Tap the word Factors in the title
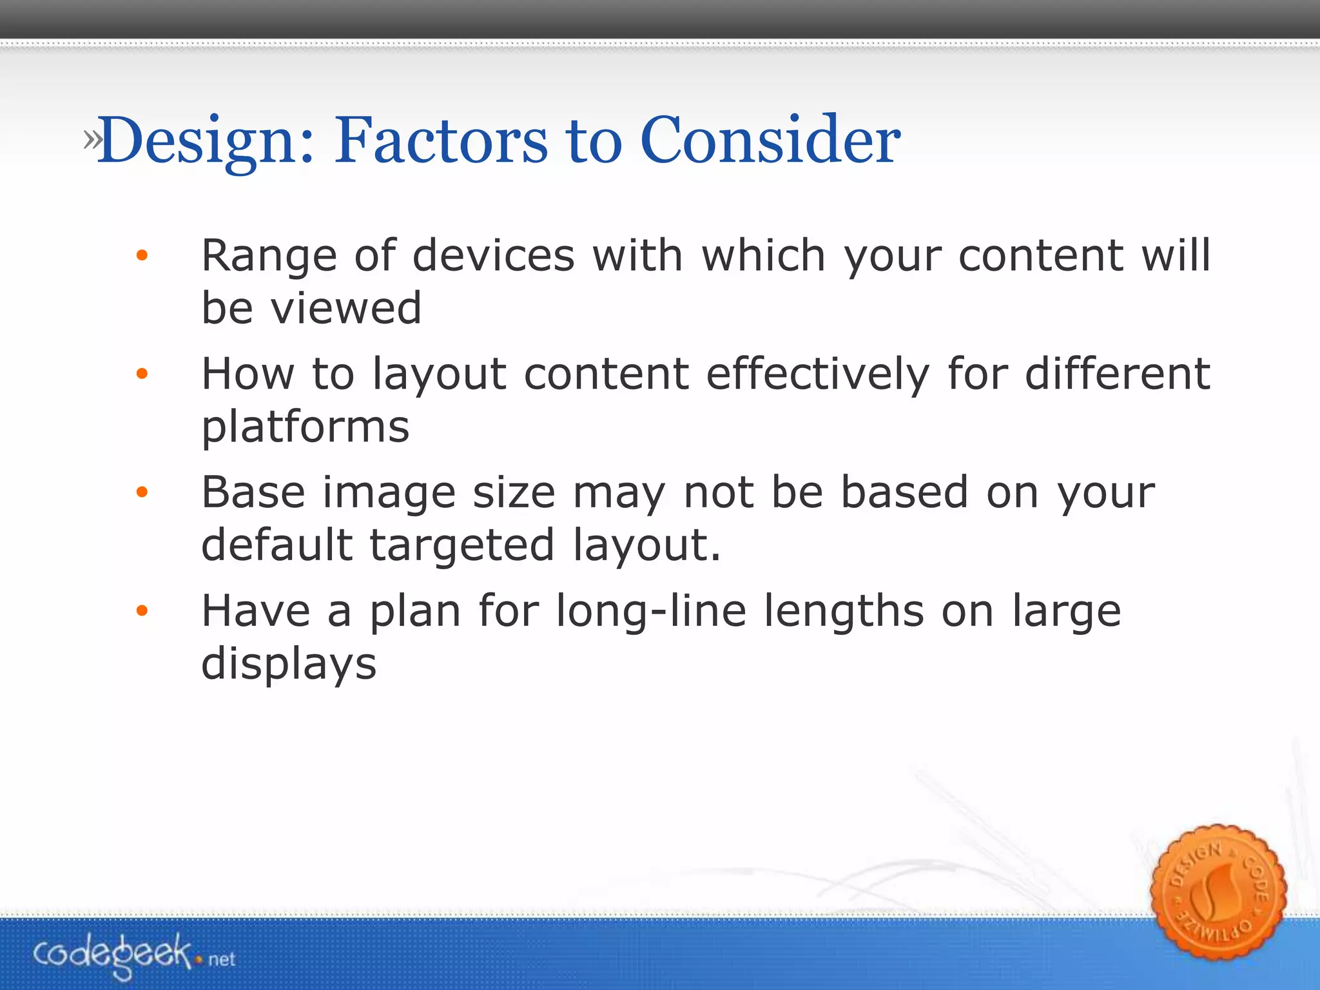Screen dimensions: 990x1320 [441, 141]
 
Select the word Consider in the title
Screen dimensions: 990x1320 [770, 141]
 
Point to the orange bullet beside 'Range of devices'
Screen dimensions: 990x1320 [142, 256]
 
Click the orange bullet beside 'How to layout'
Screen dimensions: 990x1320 [142, 374]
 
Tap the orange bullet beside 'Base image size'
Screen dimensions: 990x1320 [142, 493]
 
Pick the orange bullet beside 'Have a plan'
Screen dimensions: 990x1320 [142, 611]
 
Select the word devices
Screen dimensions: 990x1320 [493, 256]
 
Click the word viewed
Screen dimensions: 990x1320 [346, 308]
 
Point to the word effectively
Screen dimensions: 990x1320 [818, 374]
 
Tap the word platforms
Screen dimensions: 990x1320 [306, 427]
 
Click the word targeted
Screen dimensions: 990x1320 [461, 545]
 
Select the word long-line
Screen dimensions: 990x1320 [651, 611]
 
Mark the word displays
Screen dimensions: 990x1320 [289, 664]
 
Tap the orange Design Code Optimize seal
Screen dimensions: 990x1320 [1218, 893]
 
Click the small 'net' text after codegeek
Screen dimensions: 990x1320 [222, 960]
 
